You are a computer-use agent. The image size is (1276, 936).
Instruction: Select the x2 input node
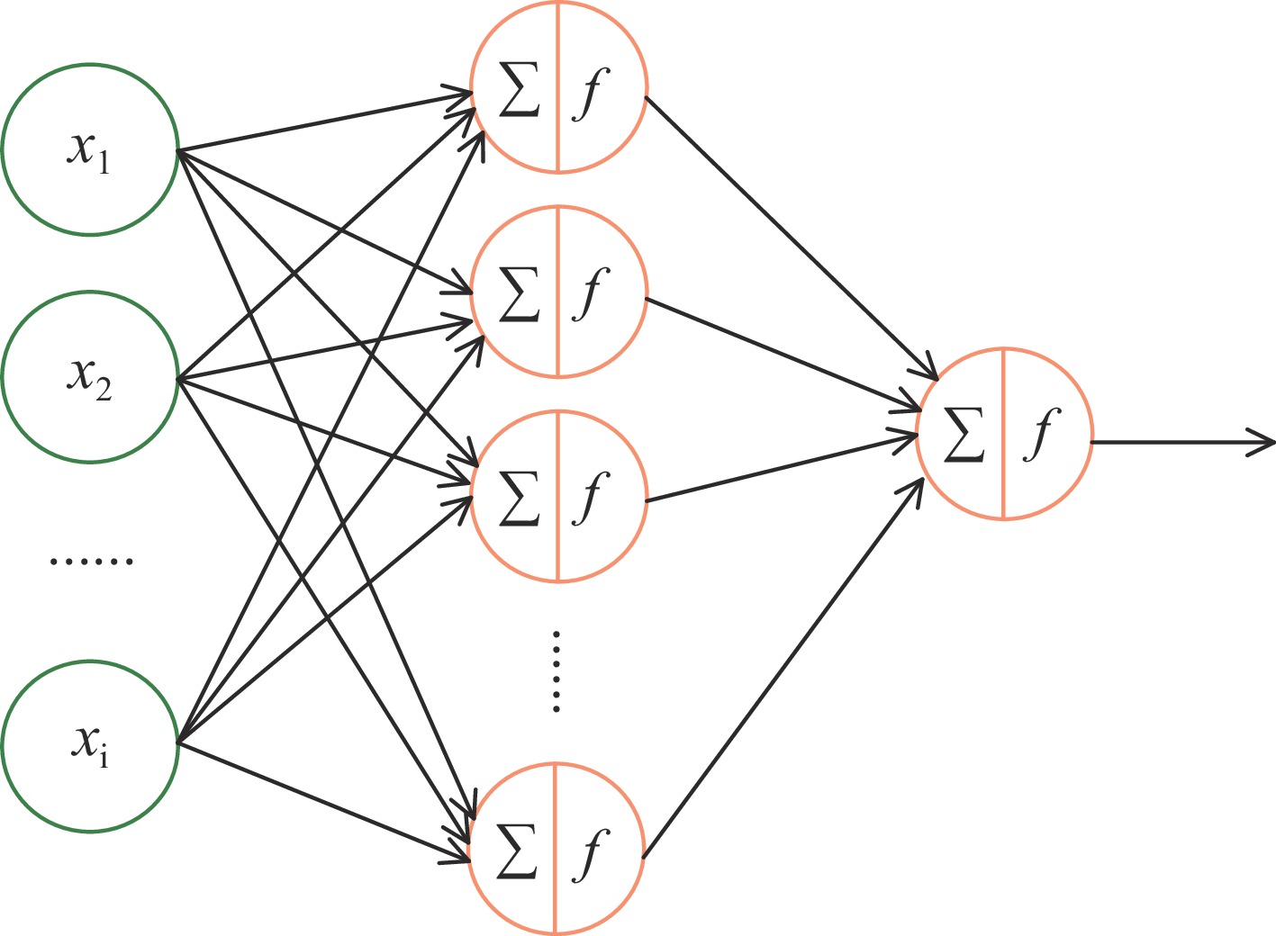[89, 376]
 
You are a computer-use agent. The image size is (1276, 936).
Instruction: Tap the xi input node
[89, 745]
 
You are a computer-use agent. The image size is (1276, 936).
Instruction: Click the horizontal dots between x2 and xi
[91, 561]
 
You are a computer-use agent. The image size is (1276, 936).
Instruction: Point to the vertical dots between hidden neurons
[557, 671]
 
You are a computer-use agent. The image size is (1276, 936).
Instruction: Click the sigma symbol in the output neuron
[963, 434]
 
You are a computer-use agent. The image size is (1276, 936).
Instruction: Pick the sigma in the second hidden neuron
[518, 293]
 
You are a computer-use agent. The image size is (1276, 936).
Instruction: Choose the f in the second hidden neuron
[590, 293]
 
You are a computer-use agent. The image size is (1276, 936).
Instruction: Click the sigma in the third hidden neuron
[518, 496]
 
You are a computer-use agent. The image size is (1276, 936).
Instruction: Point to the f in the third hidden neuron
[590, 496]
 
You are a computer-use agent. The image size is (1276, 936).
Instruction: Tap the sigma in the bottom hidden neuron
[516, 850]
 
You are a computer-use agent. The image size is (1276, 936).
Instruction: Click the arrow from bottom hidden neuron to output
[783, 667]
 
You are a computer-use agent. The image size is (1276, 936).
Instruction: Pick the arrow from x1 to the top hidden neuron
[324, 121]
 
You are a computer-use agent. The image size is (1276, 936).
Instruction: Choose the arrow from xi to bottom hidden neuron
[324, 801]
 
